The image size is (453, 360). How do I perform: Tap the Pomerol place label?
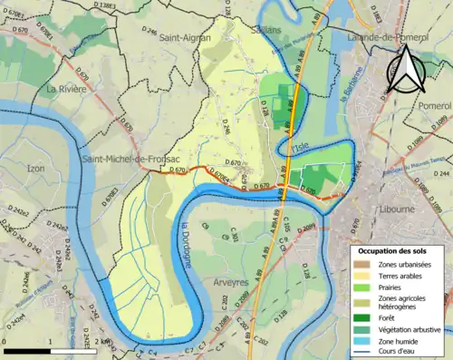pyautogui.click(x=424, y=105)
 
